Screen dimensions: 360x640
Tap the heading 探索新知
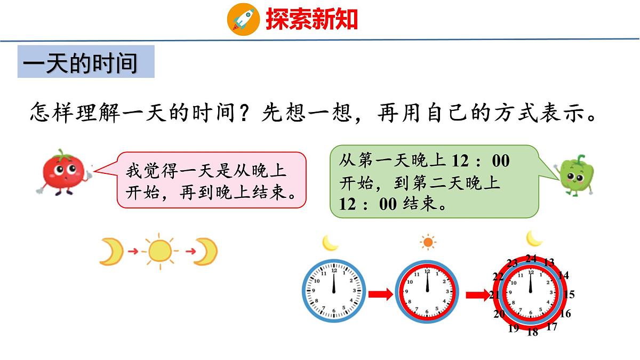click(x=311, y=19)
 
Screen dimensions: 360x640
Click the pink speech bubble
click(x=211, y=179)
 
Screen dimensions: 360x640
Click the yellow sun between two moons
click(x=159, y=251)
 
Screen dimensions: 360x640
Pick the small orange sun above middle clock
click(x=427, y=243)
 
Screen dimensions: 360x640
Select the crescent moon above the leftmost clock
click(x=330, y=243)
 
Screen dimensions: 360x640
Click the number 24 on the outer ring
click(x=531, y=259)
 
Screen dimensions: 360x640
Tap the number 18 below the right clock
click(x=532, y=332)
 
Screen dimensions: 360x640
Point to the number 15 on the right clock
click(x=569, y=294)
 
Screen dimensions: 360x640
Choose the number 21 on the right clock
click(x=494, y=295)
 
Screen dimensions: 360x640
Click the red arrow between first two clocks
click(x=380, y=294)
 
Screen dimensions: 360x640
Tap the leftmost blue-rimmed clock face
click(x=334, y=291)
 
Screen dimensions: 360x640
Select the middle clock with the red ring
click(x=427, y=291)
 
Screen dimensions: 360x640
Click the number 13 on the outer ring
click(x=549, y=262)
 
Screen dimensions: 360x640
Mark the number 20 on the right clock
click(x=499, y=314)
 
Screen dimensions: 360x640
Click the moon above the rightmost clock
click(x=534, y=238)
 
